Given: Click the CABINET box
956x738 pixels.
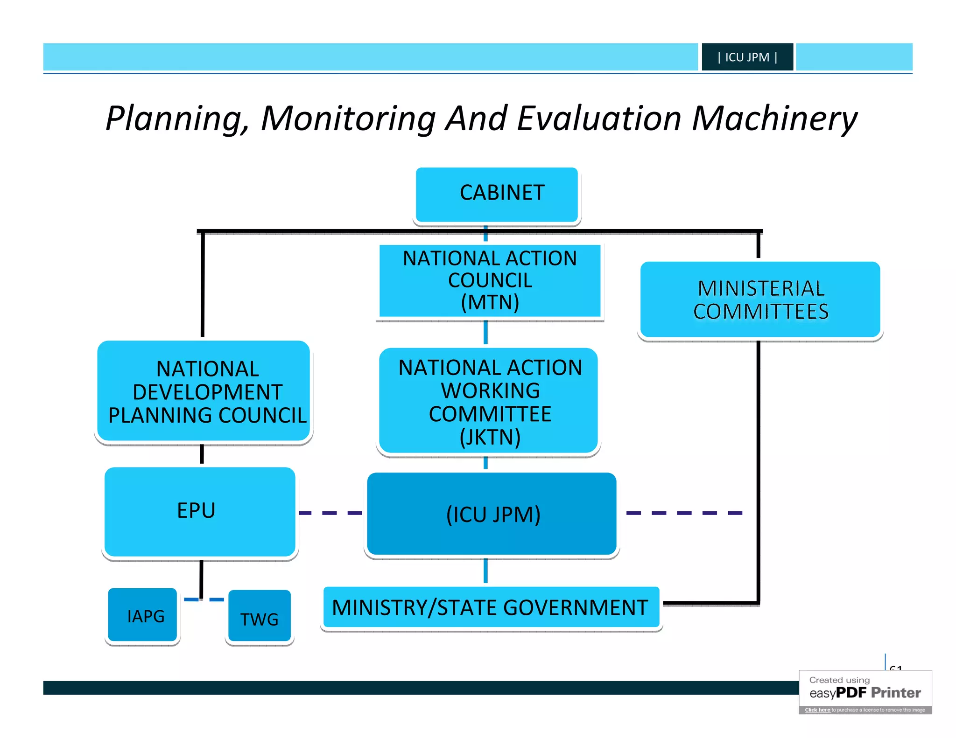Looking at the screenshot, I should pyautogui.click(x=497, y=194).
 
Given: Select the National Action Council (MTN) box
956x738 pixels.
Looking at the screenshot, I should pyautogui.click(x=490, y=280).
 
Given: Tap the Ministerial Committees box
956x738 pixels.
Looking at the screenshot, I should pyautogui.click(x=760, y=299).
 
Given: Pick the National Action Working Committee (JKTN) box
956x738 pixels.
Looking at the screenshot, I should pyautogui.click(x=489, y=401).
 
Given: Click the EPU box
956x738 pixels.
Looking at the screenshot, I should pyautogui.click(x=200, y=512).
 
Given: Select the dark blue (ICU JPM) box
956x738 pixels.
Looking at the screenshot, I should pyautogui.click(x=492, y=514).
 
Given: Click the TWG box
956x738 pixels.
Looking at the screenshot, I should pyautogui.click(x=260, y=617).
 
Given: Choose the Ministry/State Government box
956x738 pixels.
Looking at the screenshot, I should pyautogui.click(x=490, y=607).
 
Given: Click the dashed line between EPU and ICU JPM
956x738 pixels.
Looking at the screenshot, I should pyautogui.click(x=330, y=513).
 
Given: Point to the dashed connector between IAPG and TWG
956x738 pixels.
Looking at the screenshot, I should pyautogui.click(x=204, y=599).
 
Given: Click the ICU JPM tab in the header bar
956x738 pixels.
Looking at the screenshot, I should pyautogui.click(x=747, y=57).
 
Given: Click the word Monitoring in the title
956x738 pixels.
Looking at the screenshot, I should pyautogui.click(x=348, y=118).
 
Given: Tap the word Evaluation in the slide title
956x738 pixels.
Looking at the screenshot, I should pyautogui.click(x=599, y=118).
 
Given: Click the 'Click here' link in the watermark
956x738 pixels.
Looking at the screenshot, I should pyautogui.click(x=817, y=710).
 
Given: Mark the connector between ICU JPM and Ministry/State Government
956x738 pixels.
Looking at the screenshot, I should pyautogui.click(x=485, y=571).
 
